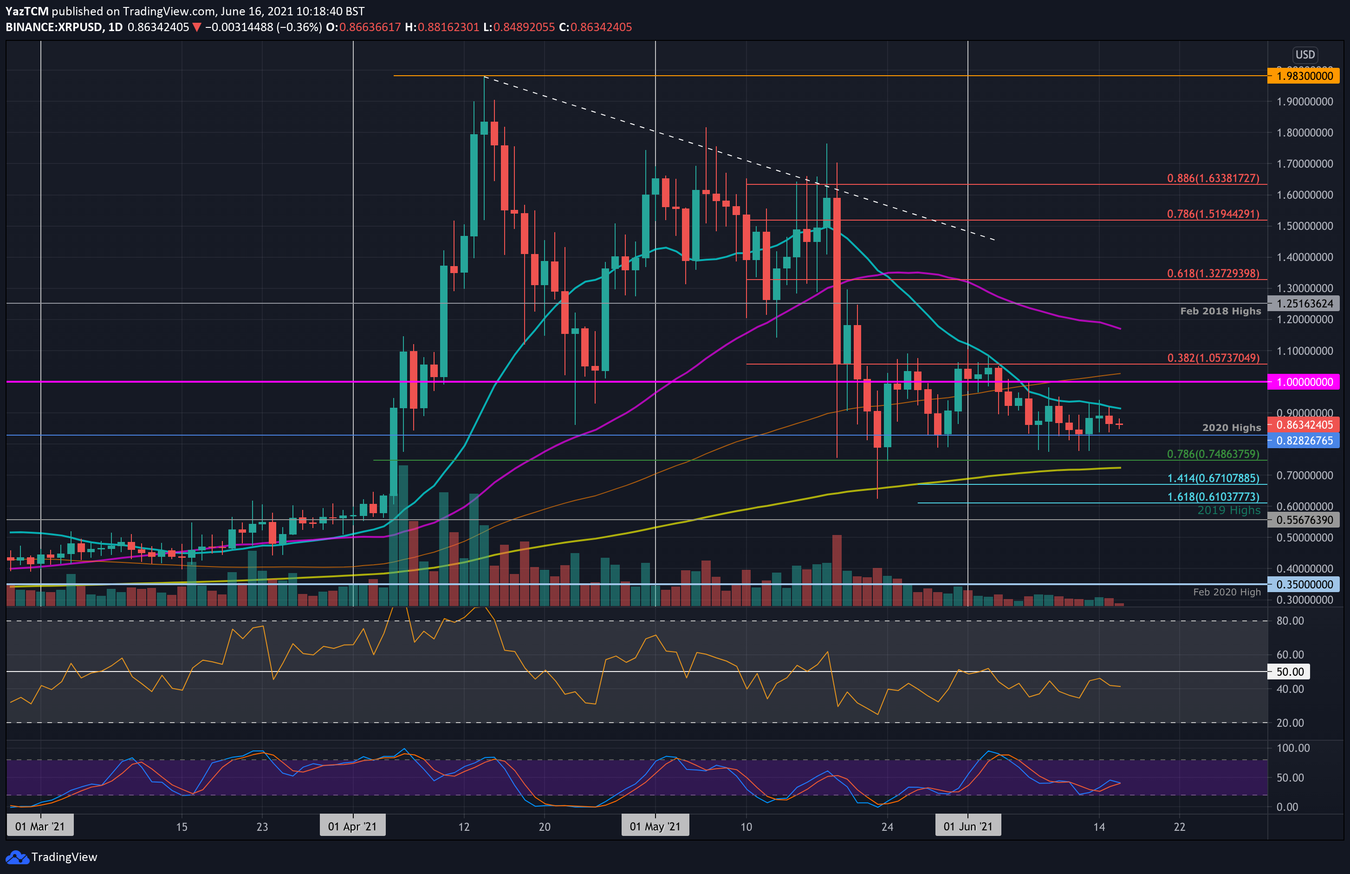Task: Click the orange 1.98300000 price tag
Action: (1304, 76)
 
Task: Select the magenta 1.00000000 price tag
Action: (1304, 382)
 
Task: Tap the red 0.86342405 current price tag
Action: (1304, 424)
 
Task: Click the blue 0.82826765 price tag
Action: (1304, 440)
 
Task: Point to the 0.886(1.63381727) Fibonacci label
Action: (1213, 178)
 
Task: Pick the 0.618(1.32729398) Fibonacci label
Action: (1213, 274)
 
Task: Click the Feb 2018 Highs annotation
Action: (1220, 311)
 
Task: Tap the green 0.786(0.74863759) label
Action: (1213, 454)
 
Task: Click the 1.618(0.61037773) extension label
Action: (1213, 496)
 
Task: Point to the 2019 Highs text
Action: (1229, 510)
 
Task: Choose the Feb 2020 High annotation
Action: (1227, 592)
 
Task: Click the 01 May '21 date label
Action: (655, 826)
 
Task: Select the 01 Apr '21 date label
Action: (352, 826)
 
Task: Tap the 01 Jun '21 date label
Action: (967, 826)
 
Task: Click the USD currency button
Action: (1305, 54)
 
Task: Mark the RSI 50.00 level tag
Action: (1289, 672)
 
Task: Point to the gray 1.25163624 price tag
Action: (1304, 304)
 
